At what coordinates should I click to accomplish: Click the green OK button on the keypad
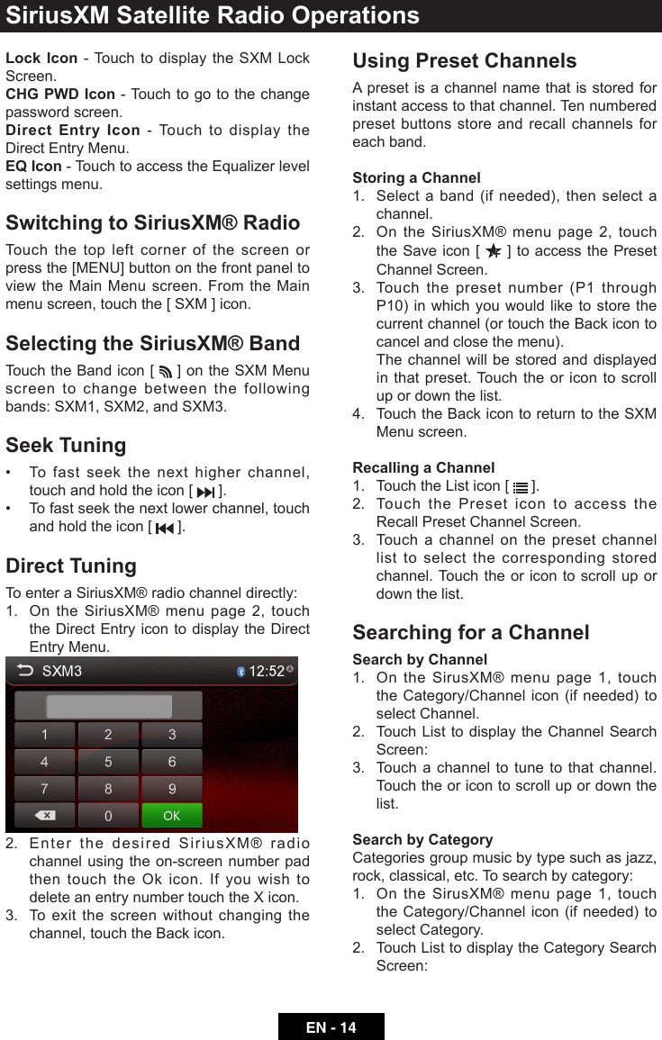coord(171,816)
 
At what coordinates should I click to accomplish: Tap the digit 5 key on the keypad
coord(108,762)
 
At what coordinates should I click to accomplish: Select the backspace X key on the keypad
coord(44,816)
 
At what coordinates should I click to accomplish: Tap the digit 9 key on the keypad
coord(172,789)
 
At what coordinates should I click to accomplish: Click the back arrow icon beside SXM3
coord(25,671)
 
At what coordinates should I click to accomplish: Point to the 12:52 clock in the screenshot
coord(267,671)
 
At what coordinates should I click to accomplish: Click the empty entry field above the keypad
coord(109,706)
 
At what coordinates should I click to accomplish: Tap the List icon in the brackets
coord(521,487)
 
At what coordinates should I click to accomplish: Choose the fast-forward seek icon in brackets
coord(206,492)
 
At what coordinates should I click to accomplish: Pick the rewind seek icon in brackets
coord(164,528)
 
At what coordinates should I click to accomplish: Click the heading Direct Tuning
coord(71,565)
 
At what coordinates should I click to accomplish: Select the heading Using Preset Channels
coord(464,60)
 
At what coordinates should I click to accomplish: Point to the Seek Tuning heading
coord(66,445)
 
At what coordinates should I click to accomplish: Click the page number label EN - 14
coord(331,1027)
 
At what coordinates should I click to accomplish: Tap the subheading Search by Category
coord(422,839)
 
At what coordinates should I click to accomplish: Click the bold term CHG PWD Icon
coord(60,94)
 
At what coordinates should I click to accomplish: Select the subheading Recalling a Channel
coord(423,467)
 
